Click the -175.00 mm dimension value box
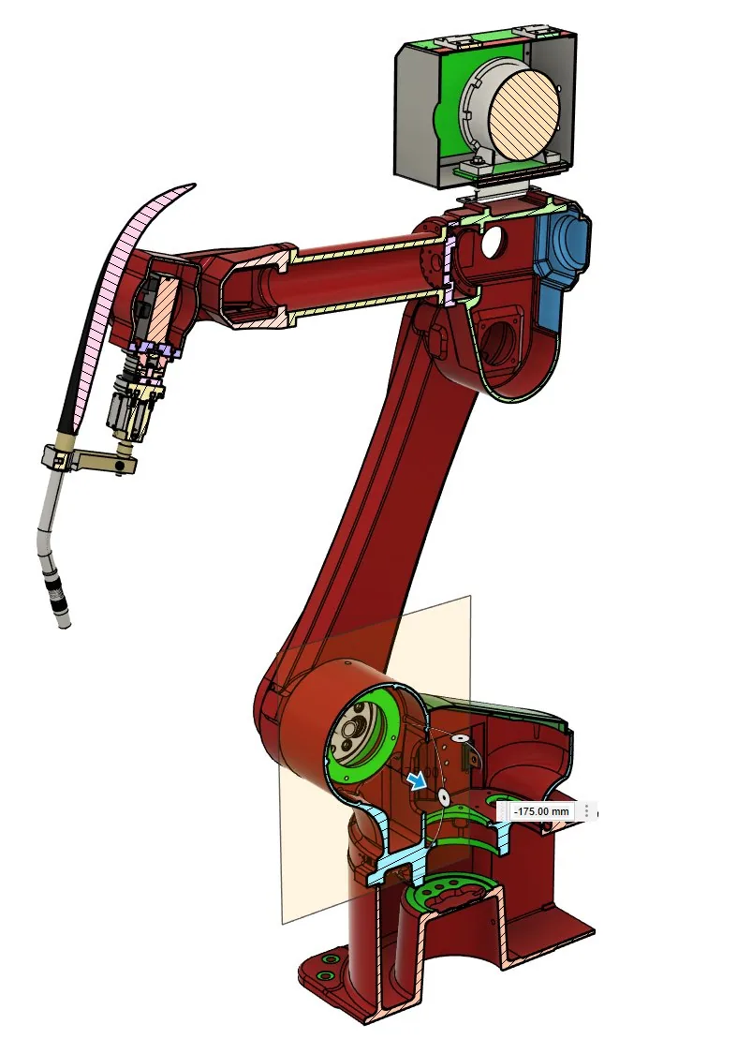click(x=541, y=811)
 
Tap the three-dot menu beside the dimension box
click(x=586, y=811)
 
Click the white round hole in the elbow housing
click(x=492, y=242)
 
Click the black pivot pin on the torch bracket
click(x=119, y=468)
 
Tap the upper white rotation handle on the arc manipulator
click(x=456, y=736)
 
